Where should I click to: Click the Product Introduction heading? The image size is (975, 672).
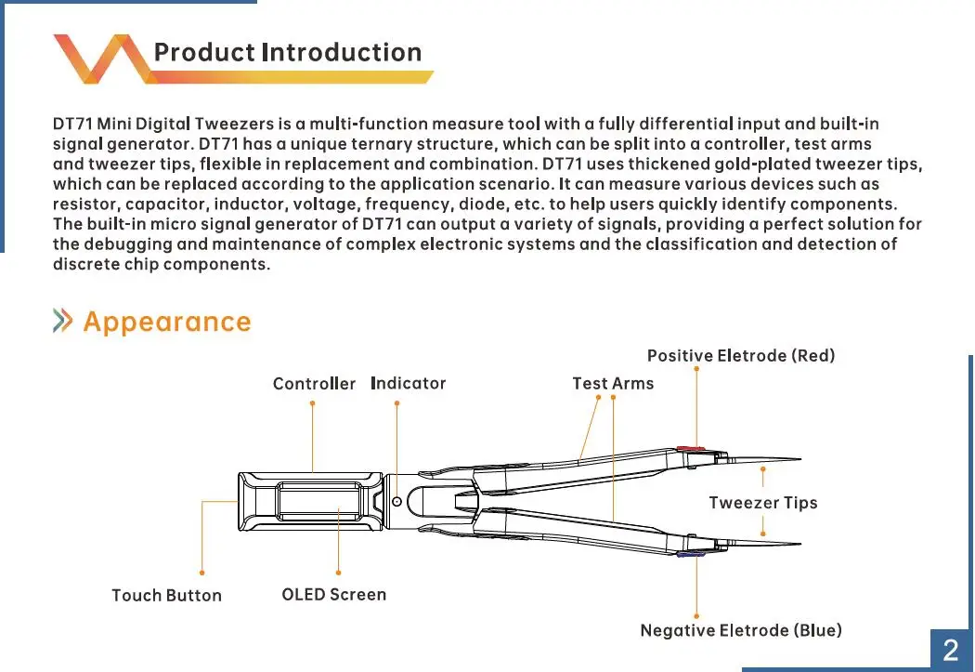point(287,52)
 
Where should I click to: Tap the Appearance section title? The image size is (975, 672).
point(167,322)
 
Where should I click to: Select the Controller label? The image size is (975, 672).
point(314,384)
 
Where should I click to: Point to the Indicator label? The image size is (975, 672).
point(408,383)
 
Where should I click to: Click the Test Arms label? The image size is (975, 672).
point(613,383)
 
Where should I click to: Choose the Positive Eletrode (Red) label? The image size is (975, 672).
point(741,355)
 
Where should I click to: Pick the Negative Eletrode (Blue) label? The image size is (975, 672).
point(741,630)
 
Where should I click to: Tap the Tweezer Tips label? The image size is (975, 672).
point(763,503)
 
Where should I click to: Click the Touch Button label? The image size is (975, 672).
point(166,596)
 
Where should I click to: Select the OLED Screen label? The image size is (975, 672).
point(333,594)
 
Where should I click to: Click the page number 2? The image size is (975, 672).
point(950,650)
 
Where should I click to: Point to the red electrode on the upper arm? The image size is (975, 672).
point(692,449)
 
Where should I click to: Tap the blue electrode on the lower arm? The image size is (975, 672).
point(692,554)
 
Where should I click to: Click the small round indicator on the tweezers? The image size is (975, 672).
point(396,501)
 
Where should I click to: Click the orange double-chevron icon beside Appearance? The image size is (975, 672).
point(63,322)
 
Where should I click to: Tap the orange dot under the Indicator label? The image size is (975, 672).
point(396,403)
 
